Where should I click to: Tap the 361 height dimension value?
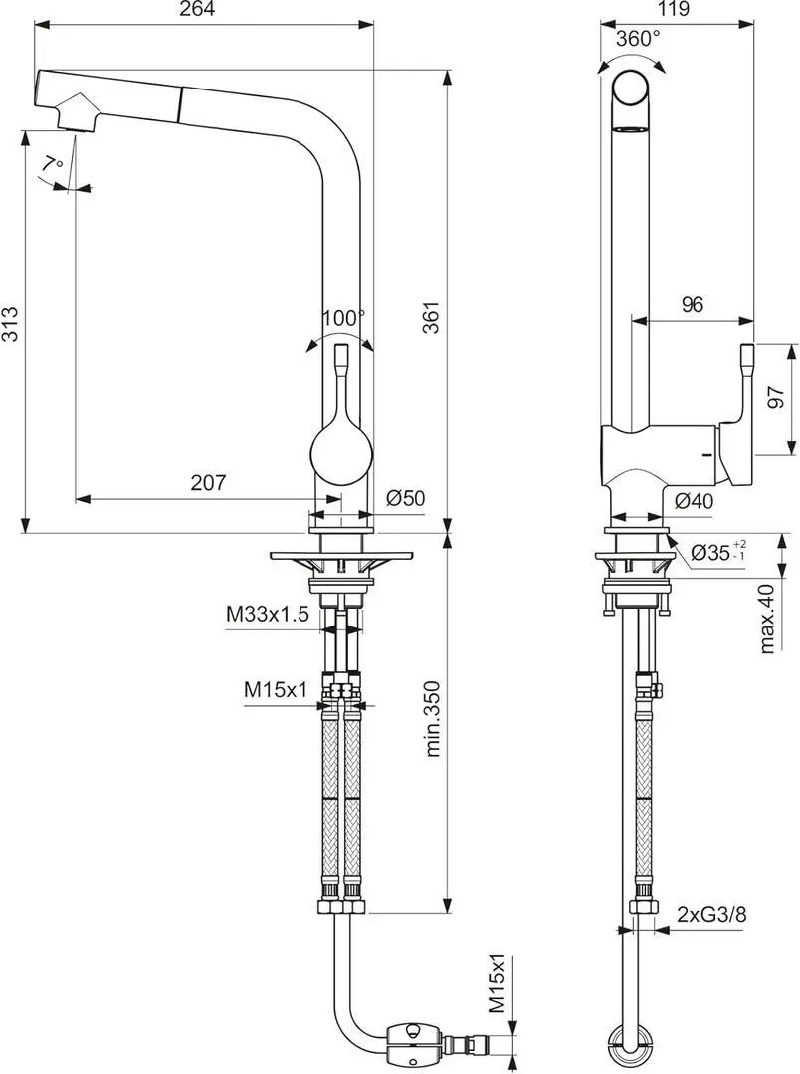[431, 316]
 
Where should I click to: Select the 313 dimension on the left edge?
[10, 323]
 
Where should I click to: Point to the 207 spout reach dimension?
[208, 483]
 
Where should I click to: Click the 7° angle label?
[52, 165]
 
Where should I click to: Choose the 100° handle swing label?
[344, 318]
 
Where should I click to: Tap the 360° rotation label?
[638, 39]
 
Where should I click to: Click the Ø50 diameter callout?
[405, 498]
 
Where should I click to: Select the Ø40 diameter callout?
[694, 502]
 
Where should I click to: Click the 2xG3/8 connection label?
[711, 915]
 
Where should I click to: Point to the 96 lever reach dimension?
[693, 305]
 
